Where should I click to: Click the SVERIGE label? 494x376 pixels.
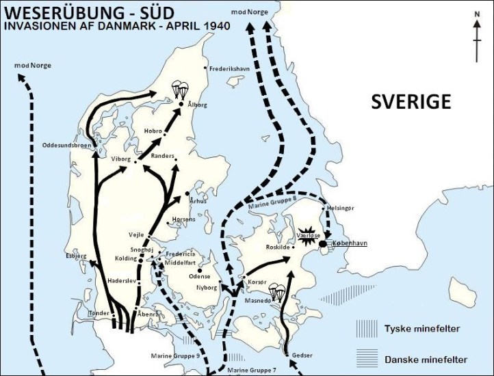click(411, 102)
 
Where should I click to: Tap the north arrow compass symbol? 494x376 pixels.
click(477, 40)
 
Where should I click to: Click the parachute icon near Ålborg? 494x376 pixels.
click(180, 90)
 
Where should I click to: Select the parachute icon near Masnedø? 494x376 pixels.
click(277, 292)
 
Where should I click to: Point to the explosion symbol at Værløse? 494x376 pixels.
click(307, 234)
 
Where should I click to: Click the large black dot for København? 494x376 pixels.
click(323, 243)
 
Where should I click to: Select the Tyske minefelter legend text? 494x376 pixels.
click(422, 328)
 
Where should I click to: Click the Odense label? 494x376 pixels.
click(200, 276)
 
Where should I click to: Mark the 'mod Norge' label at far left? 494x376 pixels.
click(32, 65)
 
